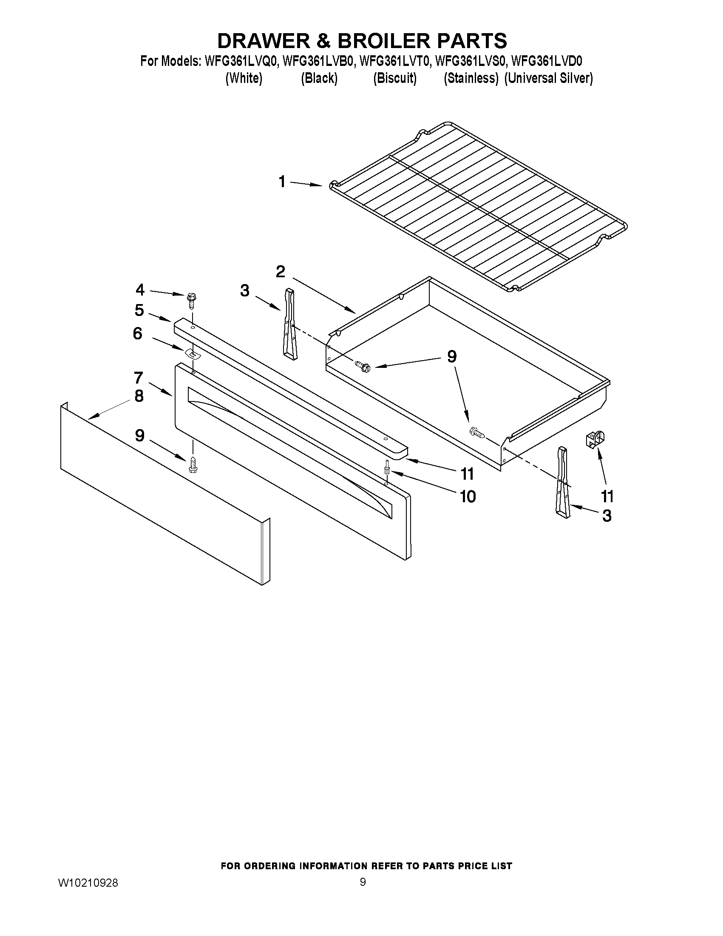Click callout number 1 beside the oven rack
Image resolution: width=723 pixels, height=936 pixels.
tap(282, 182)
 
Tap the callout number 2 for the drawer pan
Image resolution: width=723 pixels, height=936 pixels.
tap(281, 271)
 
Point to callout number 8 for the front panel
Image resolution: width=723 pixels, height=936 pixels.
tap(139, 396)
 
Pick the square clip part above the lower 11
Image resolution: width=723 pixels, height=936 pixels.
tap(595, 439)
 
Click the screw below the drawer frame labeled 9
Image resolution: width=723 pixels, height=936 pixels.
tap(192, 464)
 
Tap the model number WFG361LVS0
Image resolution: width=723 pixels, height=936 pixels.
tap(471, 61)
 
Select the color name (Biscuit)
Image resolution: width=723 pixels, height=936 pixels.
tap(394, 78)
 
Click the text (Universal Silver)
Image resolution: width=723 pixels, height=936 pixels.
tap(548, 78)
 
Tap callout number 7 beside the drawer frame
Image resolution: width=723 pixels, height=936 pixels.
tap(138, 378)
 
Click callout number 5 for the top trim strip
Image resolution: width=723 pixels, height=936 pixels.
tap(139, 310)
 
